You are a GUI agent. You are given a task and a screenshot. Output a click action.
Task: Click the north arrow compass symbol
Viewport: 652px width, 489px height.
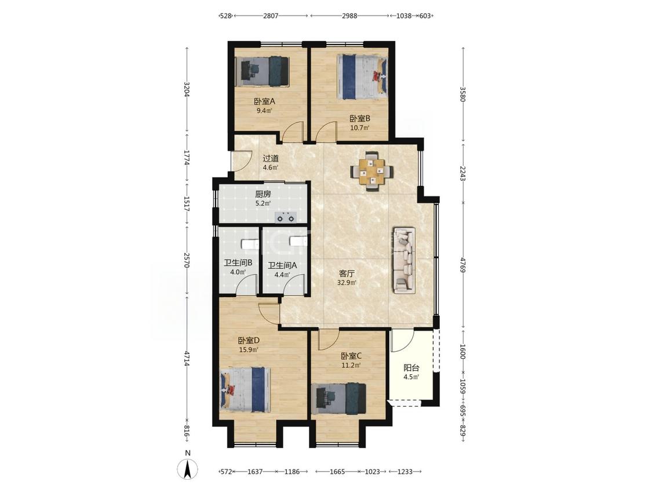(188, 469)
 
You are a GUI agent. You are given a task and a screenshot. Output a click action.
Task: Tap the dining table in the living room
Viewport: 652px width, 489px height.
(371, 171)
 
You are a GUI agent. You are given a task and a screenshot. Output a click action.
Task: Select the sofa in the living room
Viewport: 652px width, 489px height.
(405, 260)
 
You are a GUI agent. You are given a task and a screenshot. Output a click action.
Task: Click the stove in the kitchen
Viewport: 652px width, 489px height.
(285, 217)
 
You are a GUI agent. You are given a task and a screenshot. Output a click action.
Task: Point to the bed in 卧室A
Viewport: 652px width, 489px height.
(262, 71)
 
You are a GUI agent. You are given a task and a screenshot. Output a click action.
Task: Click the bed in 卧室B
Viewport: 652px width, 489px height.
(362, 76)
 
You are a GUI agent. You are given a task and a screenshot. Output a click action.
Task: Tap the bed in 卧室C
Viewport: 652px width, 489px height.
(338, 399)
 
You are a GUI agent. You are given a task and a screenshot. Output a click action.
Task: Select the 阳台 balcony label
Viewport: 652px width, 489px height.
(411, 368)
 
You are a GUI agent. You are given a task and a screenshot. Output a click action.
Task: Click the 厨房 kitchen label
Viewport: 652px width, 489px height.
(263, 194)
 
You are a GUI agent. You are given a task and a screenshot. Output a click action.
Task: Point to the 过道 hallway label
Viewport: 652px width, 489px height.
(271, 158)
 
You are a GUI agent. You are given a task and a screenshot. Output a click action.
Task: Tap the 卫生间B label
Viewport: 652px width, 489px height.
(238, 263)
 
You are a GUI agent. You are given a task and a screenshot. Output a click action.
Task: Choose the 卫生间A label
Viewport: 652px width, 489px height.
(282, 265)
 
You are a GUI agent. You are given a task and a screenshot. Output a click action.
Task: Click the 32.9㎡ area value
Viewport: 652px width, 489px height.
(347, 283)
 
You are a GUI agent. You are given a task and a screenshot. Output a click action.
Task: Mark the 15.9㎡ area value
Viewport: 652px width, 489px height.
(249, 350)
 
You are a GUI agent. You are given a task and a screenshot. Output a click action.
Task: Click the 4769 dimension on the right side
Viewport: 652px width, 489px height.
(462, 265)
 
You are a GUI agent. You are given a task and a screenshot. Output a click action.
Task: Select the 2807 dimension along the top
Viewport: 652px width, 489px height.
(271, 16)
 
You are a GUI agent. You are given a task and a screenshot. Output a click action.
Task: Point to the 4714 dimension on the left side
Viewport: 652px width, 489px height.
(187, 359)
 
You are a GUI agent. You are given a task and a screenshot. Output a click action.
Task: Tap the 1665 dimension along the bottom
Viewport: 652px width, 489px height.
(337, 472)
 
